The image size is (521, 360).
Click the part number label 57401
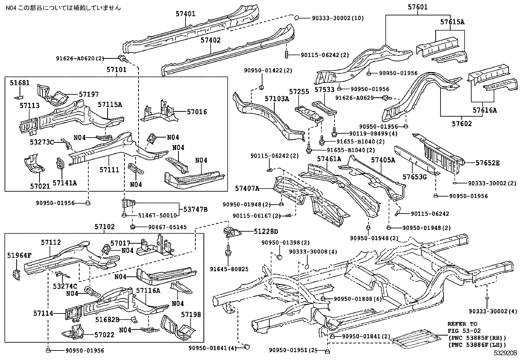click(185, 14)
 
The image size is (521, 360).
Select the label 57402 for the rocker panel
click(210, 40)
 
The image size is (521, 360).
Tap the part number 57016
click(197, 112)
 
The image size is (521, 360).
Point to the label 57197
click(89, 94)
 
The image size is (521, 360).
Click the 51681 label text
click(20, 83)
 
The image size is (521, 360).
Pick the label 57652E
click(488, 163)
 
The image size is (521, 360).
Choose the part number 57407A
click(247, 188)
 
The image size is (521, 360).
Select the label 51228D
click(266, 232)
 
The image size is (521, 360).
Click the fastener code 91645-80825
click(229, 269)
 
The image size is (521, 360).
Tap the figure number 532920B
click(505, 353)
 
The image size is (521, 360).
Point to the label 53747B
click(195, 209)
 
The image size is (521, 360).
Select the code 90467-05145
click(168, 227)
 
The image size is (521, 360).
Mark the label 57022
click(104, 335)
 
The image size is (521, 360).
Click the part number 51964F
click(19, 256)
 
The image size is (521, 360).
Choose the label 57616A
click(485, 110)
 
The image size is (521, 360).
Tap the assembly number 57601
click(418, 7)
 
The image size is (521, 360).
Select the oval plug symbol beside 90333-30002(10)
click(296, 18)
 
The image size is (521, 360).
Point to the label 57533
click(324, 90)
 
